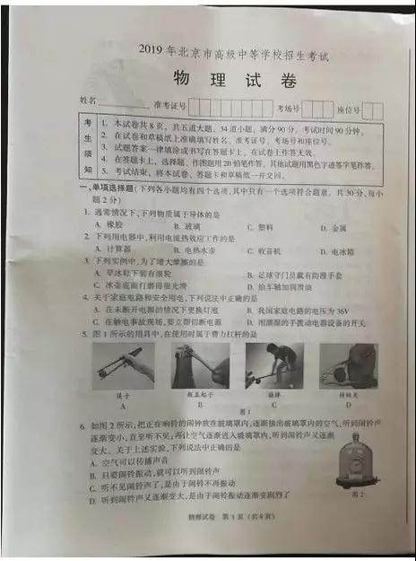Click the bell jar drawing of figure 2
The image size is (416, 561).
(x=349, y=458)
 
